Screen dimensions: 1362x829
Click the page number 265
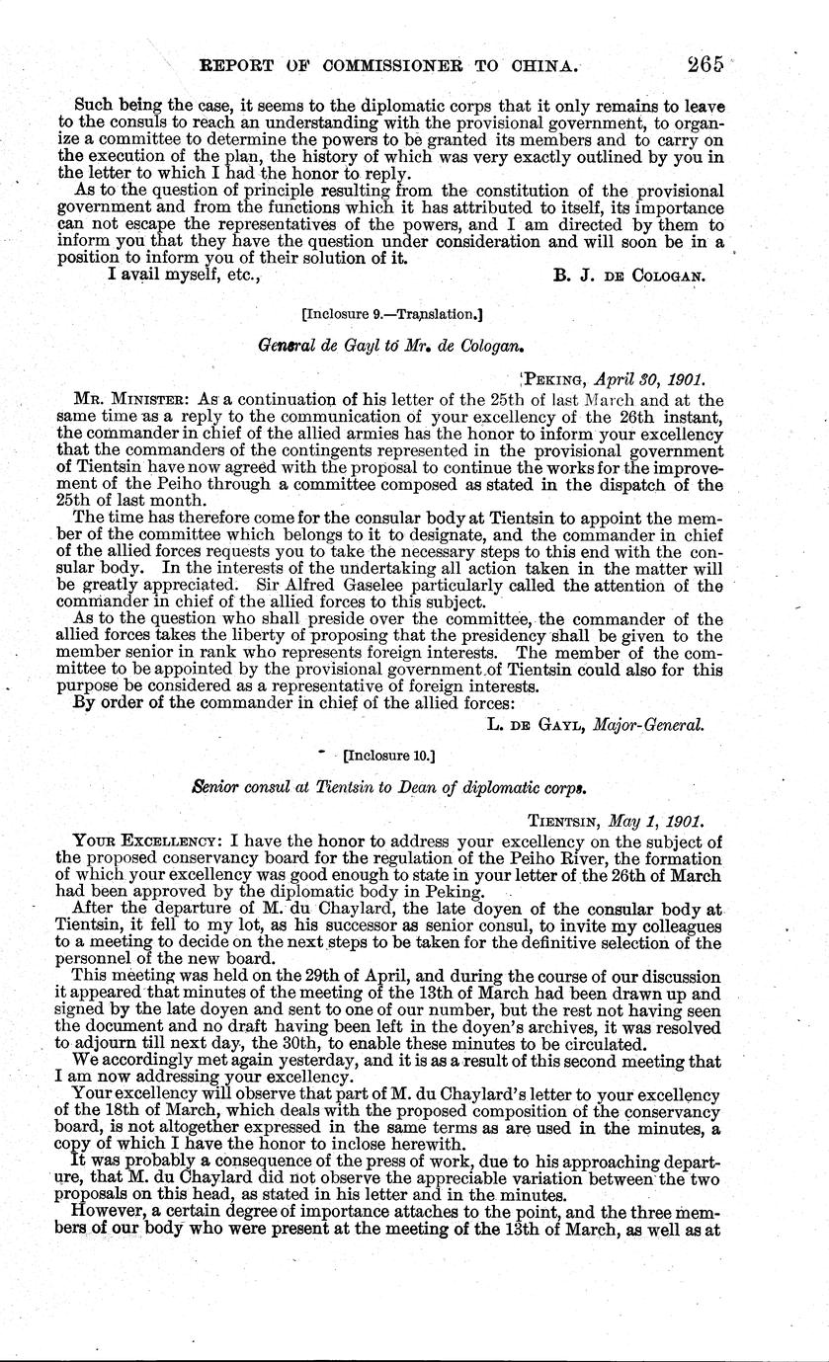(x=696, y=65)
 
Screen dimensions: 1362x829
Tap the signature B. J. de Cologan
(x=628, y=277)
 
